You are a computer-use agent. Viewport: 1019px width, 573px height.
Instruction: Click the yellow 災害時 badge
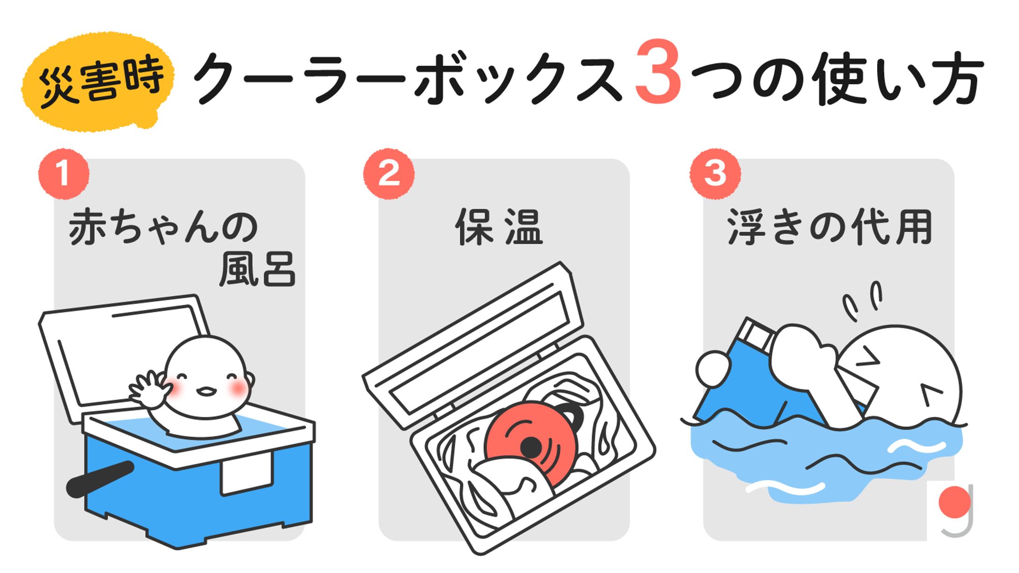(x=98, y=82)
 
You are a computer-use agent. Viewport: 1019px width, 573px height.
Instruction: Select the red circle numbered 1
(x=63, y=174)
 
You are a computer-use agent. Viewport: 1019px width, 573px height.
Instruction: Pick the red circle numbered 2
(x=389, y=174)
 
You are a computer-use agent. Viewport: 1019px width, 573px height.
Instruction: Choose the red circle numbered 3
(x=715, y=174)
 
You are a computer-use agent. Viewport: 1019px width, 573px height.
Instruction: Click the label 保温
(x=499, y=227)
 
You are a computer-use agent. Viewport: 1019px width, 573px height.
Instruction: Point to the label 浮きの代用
(x=830, y=227)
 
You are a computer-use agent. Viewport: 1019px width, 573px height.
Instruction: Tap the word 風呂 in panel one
(x=258, y=269)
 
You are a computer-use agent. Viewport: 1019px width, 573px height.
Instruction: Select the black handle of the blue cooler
(x=100, y=479)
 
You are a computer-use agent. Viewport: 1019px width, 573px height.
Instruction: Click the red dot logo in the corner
(x=955, y=502)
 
